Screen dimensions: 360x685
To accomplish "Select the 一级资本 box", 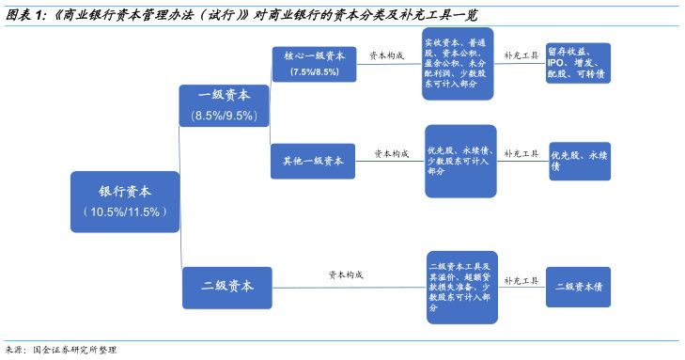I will [225, 103].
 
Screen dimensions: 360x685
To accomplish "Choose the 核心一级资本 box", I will [314, 63].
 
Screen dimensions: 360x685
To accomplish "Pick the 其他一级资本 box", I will [313, 160].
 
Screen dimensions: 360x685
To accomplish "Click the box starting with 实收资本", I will [459, 62].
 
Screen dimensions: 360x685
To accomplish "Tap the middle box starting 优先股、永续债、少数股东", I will [459, 160].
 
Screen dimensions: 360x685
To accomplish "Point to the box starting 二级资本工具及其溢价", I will [459, 287].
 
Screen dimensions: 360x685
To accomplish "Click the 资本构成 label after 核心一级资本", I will [386, 55].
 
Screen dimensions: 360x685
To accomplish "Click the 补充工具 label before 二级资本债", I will [521, 280].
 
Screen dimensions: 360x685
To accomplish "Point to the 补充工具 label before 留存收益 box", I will [521, 55].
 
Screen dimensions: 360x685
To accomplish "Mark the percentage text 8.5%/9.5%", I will [225, 116].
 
